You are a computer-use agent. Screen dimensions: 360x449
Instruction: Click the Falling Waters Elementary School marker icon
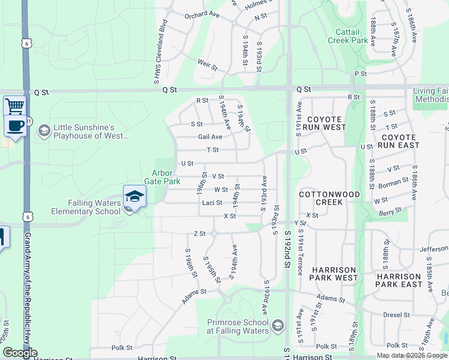135,197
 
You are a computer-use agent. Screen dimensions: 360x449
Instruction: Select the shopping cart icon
14,106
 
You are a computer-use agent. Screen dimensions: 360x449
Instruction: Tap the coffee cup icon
14,125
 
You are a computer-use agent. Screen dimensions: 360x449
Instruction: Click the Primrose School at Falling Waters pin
277,326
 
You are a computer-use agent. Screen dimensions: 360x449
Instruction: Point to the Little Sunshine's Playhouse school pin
44,130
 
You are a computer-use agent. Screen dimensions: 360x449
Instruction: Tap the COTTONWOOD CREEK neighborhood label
329,199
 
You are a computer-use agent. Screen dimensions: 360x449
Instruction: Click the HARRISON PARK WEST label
333,274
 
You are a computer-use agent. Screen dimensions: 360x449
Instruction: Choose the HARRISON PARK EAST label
399,280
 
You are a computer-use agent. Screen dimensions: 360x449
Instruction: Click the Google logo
19,353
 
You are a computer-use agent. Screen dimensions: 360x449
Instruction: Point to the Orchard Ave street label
202,15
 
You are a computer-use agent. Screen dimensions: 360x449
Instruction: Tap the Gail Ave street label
210,137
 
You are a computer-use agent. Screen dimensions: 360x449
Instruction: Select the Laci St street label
212,203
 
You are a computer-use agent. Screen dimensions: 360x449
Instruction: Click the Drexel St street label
396,314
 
